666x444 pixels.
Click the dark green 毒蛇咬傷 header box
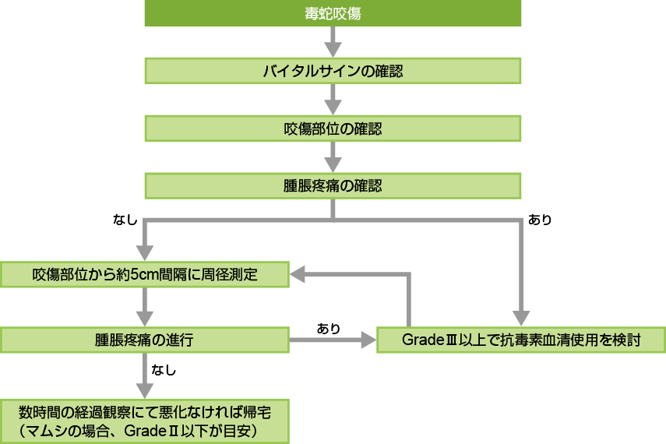pos(333,13)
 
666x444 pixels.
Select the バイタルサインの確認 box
pos(333,71)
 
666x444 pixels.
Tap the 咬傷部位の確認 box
pos(333,128)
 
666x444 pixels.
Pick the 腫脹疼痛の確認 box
pos(333,185)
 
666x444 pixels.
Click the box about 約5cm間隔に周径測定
pos(145,274)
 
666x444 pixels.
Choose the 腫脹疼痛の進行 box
pos(145,340)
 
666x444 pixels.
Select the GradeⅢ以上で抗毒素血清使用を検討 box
pos(520,340)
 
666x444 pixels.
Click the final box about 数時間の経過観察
pos(145,420)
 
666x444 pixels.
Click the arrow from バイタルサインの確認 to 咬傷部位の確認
pos(333,99)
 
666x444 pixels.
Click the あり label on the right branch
pos(540,220)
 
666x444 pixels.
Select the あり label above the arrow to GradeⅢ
pos(328,328)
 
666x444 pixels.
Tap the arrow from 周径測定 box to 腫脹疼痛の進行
pos(145,307)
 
